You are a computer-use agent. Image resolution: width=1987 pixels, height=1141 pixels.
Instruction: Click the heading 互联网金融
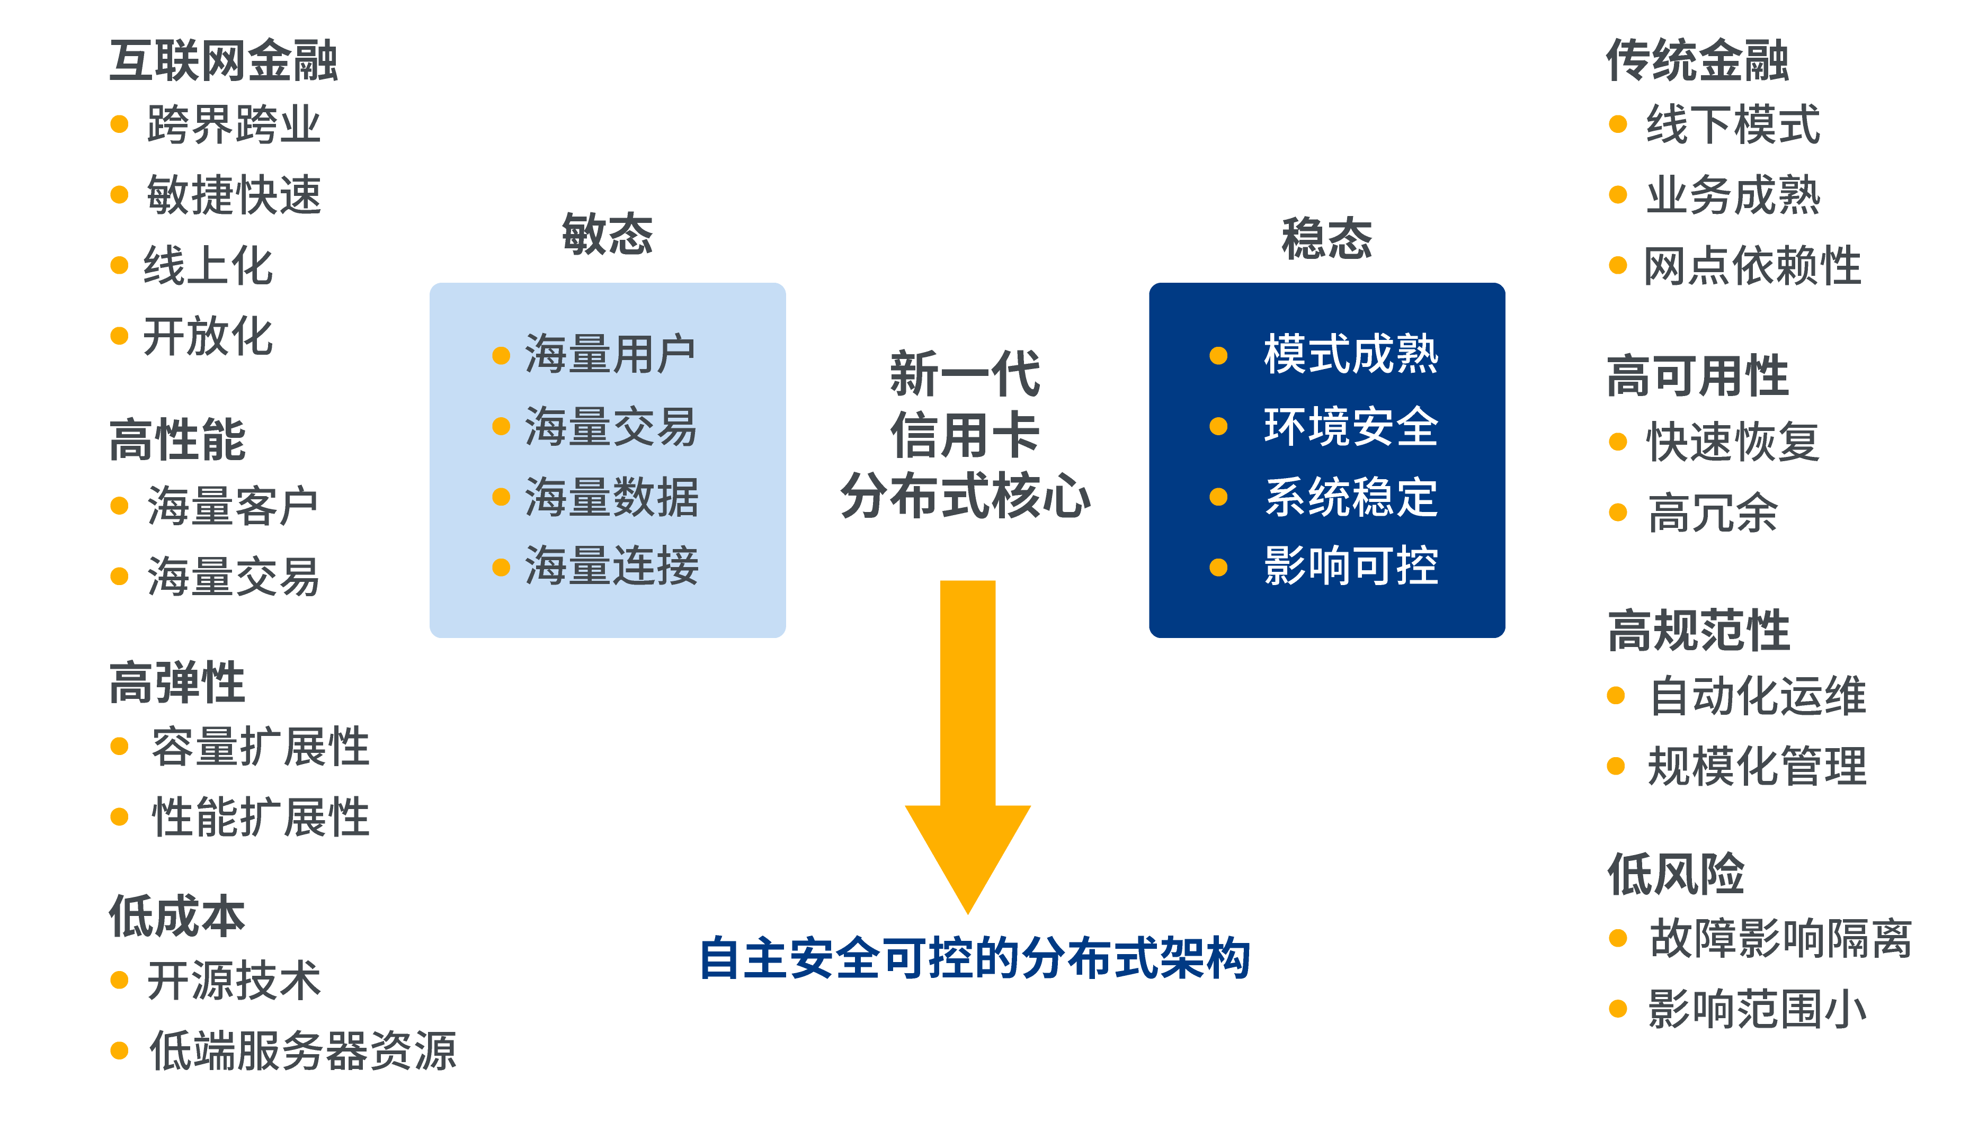[x=224, y=61]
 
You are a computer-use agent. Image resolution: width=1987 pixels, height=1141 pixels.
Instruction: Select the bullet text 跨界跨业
[x=234, y=124]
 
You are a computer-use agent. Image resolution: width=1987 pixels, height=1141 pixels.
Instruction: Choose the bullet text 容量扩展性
[x=260, y=747]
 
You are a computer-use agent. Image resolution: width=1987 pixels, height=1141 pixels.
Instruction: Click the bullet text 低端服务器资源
[x=302, y=1051]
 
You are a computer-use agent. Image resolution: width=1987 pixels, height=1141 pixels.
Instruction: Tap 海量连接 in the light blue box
[x=611, y=567]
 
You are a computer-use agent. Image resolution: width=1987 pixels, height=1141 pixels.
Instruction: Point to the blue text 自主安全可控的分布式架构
[x=974, y=958]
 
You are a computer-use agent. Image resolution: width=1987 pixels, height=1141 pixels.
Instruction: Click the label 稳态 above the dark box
[x=1326, y=238]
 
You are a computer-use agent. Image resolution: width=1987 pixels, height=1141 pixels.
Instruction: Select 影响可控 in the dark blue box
[x=1350, y=567]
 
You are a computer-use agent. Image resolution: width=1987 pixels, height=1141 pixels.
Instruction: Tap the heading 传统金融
[x=1697, y=61]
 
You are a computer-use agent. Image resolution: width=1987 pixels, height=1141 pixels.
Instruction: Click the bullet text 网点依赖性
[x=1752, y=266]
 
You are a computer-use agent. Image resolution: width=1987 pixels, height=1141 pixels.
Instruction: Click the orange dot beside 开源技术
[x=119, y=981]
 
